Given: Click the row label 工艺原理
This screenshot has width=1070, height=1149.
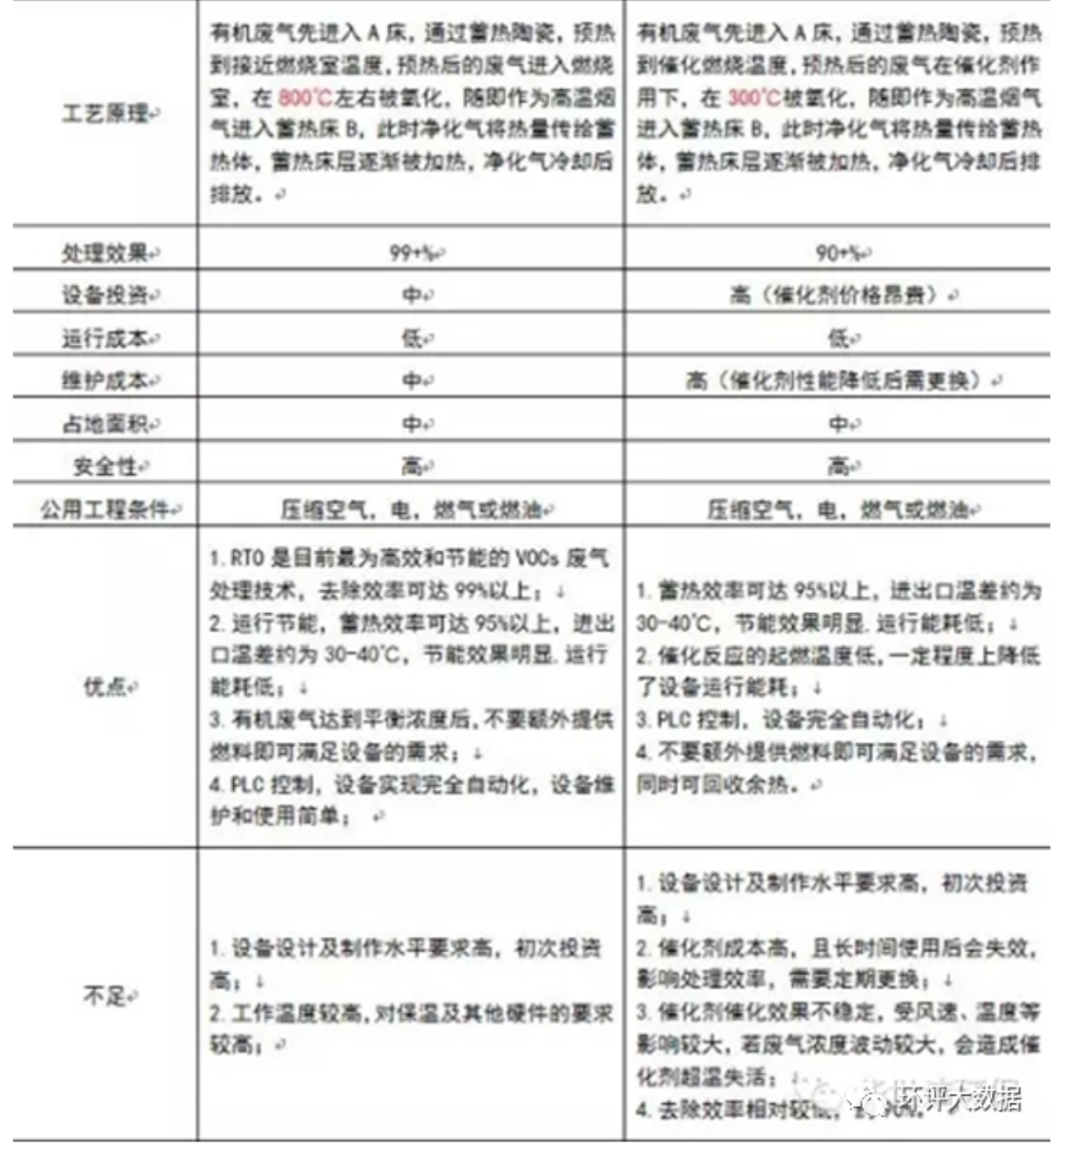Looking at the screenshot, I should pos(105,114).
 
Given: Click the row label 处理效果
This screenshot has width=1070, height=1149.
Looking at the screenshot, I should pos(105,253).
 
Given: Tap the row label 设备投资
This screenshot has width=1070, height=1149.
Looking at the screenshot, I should pos(105,296).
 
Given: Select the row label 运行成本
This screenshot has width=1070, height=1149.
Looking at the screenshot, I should pos(105,338).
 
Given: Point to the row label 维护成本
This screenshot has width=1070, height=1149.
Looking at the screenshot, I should pos(105,380).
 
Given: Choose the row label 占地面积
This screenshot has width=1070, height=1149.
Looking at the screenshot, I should pos(105,423).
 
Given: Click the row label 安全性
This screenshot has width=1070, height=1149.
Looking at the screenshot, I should pos(105,466).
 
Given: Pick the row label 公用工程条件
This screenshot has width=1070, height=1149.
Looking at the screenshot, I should pos(105,508).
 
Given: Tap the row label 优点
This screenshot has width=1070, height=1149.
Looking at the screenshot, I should pos(105,686).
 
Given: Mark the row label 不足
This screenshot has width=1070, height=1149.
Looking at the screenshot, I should pos(105,996).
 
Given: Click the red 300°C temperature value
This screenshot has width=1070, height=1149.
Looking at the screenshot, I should pos(753,98).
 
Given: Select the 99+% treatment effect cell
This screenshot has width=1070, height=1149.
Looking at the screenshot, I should pos(411,253).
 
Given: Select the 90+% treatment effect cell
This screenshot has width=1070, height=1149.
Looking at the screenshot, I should pos(838,253).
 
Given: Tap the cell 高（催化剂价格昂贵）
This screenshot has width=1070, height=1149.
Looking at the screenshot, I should pos(838,296).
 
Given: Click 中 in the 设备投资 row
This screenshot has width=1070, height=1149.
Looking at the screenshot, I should pos(411,296).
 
